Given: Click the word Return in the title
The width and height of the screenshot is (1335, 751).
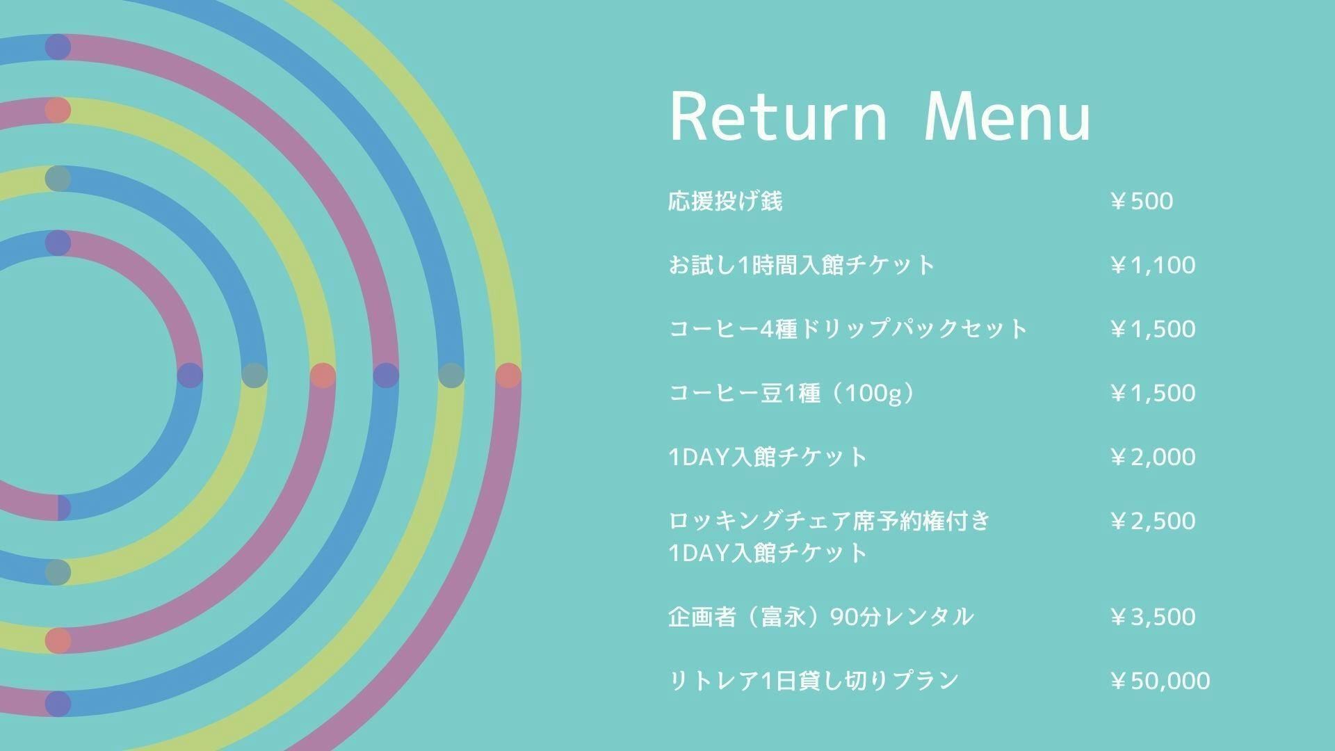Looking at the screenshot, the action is [x=779, y=117].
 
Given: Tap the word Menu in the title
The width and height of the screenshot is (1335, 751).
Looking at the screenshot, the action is [x=1008, y=117].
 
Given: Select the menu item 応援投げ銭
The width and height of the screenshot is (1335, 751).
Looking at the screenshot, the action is [x=725, y=201].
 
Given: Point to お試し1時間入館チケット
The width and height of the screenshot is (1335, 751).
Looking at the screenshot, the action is [x=802, y=265].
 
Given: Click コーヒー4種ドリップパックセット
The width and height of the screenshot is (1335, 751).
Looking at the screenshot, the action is [x=848, y=329].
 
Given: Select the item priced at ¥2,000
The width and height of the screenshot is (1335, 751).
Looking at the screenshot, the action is [x=768, y=457].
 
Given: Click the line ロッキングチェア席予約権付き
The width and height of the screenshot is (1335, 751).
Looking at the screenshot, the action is [x=829, y=521].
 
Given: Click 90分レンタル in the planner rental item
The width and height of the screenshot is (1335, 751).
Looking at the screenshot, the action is [x=902, y=617].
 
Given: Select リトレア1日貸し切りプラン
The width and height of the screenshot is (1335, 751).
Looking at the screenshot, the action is [x=814, y=680].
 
